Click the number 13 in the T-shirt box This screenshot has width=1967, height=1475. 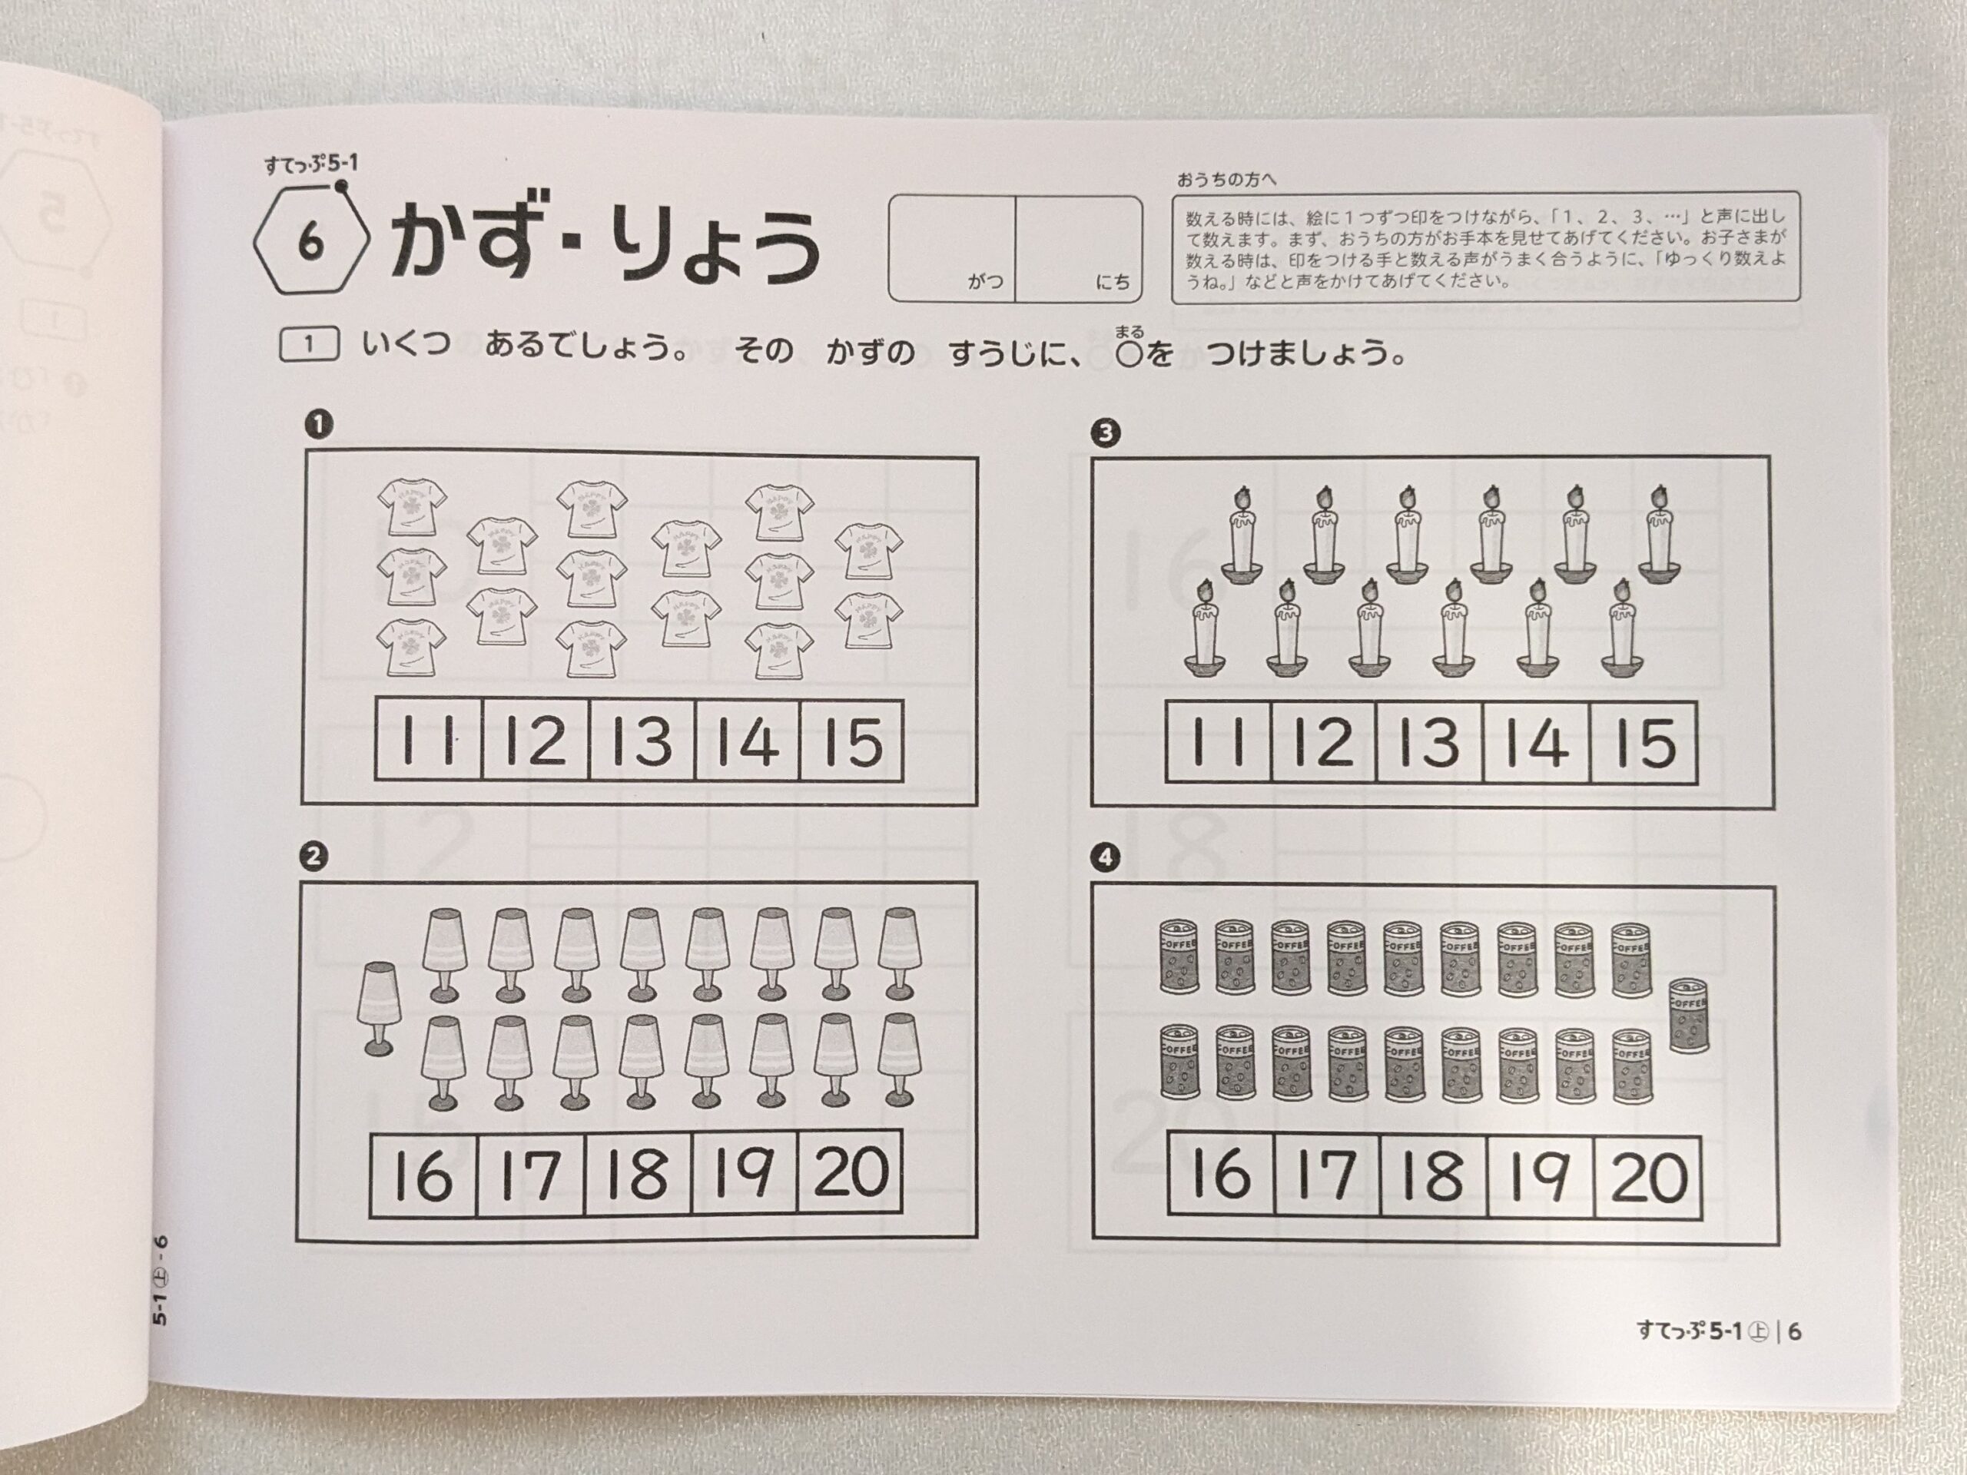642,741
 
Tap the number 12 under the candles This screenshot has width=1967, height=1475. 1324,741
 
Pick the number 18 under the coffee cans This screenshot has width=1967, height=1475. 1435,1174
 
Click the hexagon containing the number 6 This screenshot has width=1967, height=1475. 310,243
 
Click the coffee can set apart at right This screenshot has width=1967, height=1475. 1689,1016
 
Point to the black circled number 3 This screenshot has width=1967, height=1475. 1106,433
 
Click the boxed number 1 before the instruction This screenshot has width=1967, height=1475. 309,344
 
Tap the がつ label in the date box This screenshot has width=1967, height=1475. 985,282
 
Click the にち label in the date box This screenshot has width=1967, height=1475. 1113,283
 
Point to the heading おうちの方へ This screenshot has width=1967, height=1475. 1226,181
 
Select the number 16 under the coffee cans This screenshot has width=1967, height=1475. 1221,1174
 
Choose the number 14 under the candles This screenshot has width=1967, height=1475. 1537,742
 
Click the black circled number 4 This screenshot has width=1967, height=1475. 1106,858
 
